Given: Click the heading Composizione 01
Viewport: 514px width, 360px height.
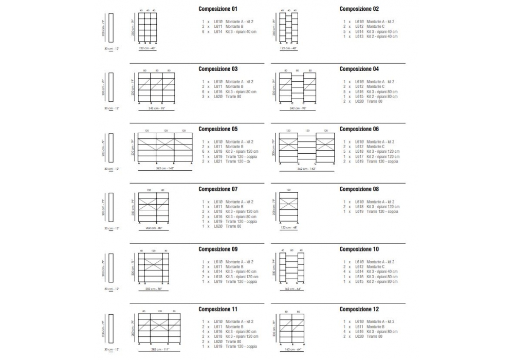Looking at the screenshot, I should click(218, 9).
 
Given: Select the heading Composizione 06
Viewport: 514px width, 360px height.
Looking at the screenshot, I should click(359, 129).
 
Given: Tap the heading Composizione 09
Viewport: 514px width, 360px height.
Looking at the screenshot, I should click(218, 249).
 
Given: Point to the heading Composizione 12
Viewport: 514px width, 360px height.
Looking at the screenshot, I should click(359, 309).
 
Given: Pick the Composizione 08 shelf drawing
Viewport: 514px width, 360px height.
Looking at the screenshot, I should click(288, 208).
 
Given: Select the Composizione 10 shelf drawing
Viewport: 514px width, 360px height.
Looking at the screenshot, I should click(291, 267).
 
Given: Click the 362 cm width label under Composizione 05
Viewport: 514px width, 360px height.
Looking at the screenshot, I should click(165, 168).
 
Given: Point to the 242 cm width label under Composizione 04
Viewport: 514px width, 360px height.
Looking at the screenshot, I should click(298, 109).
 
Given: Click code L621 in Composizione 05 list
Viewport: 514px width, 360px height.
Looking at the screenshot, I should click(217, 161).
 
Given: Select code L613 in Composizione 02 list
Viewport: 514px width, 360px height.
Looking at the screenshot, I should click(359, 37).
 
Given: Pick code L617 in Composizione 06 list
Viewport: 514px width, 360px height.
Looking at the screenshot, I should click(359, 156).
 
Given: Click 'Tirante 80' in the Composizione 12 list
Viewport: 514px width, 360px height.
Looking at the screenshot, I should click(375, 336).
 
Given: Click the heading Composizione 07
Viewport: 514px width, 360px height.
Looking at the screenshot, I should click(218, 189).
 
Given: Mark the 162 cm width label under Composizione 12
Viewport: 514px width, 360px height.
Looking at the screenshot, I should click(291, 349).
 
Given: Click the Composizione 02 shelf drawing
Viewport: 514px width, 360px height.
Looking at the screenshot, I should click(288, 28).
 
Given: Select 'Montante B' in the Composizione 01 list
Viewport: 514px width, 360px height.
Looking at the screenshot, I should click(234, 27).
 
